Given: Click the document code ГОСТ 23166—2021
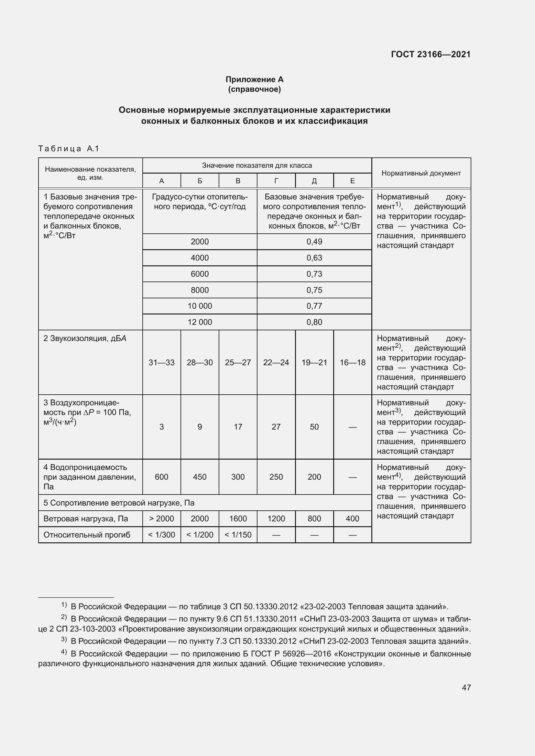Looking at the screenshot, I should point(431,54).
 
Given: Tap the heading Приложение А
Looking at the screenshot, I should point(254,80).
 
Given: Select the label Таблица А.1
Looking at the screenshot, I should point(69,148).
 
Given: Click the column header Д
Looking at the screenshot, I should point(314,181).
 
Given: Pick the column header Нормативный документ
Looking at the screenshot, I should point(421,173).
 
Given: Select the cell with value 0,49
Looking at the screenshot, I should point(314,242).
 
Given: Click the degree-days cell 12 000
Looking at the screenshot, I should point(200,322).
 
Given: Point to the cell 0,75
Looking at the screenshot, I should point(314,290).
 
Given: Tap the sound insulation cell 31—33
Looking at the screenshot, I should point(161,363).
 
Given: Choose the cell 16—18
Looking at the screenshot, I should point(353,363).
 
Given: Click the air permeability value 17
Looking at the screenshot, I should point(238,427).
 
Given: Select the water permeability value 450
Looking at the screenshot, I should point(200,477).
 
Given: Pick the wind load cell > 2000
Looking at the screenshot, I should point(161,518).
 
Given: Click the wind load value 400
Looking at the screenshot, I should point(353,518).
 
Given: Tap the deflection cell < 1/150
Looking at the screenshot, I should point(238,535).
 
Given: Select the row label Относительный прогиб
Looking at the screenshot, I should point(87,535).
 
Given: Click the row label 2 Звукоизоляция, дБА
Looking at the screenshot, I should point(85,338).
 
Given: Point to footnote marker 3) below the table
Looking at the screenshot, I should point(64,640).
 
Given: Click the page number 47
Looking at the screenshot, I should point(466,687).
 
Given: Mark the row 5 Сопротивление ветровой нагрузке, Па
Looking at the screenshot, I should point(119,503).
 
